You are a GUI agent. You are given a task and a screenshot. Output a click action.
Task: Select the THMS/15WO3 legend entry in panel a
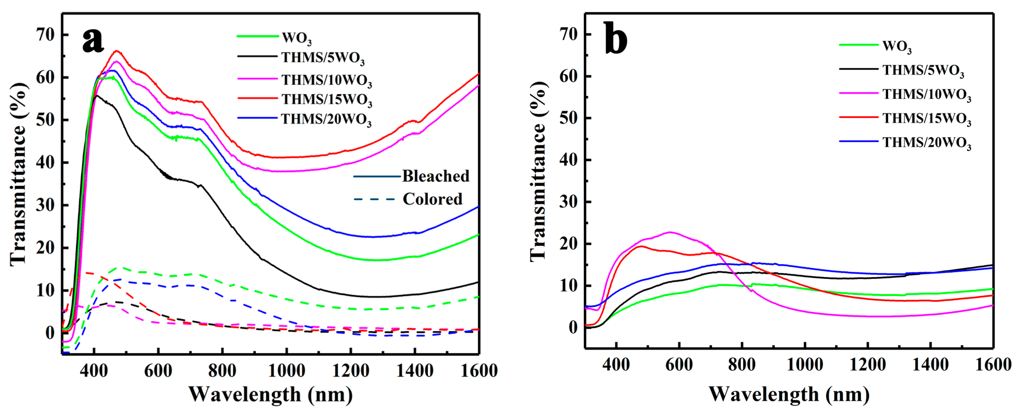327,100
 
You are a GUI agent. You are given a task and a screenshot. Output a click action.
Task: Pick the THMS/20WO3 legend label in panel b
926,143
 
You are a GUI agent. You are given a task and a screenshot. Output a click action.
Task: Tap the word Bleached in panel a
435,176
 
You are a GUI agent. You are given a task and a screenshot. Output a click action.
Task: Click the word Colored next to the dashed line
432,199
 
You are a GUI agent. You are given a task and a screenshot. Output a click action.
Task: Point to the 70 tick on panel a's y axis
45,35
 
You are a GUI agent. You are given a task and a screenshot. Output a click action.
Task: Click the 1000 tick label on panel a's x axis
286,371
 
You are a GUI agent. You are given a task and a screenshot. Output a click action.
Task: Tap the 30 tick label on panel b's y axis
569,202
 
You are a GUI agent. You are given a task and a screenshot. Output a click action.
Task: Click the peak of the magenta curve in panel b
670,232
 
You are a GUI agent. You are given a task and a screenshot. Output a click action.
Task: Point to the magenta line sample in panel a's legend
257,79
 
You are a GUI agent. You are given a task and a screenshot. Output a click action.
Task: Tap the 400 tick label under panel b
616,364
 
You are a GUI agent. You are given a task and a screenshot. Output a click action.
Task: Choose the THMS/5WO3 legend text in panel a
323,58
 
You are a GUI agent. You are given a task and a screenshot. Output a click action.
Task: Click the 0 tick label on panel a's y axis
50,333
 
